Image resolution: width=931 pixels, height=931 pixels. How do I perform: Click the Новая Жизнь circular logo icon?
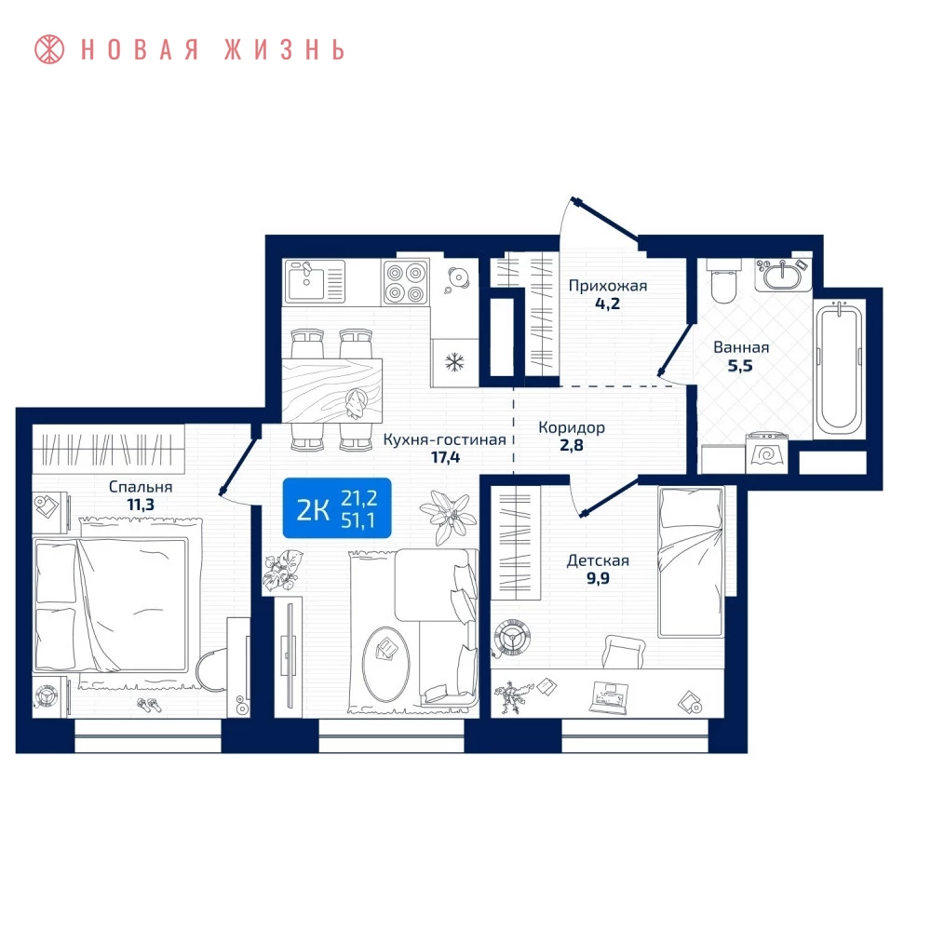click(x=49, y=49)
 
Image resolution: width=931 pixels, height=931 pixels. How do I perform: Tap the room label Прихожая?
click(x=607, y=286)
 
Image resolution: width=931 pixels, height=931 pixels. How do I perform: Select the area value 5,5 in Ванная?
click(x=740, y=366)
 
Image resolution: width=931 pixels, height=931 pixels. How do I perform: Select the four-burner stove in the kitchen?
click(x=406, y=282)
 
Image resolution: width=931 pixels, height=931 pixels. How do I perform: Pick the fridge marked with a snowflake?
click(x=455, y=362)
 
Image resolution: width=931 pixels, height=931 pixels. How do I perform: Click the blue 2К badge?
click(x=337, y=508)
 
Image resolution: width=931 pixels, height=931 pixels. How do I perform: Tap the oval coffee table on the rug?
click(x=386, y=665)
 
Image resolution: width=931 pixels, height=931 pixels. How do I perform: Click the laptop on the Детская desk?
click(x=609, y=697)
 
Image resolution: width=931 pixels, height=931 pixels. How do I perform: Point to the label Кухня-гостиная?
click(x=444, y=440)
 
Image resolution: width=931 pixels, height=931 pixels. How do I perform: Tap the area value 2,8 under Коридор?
click(x=572, y=445)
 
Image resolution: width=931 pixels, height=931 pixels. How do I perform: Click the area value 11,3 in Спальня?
click(x=141, y=505)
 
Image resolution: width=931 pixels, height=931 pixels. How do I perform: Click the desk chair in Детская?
click(x=624, y=652)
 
